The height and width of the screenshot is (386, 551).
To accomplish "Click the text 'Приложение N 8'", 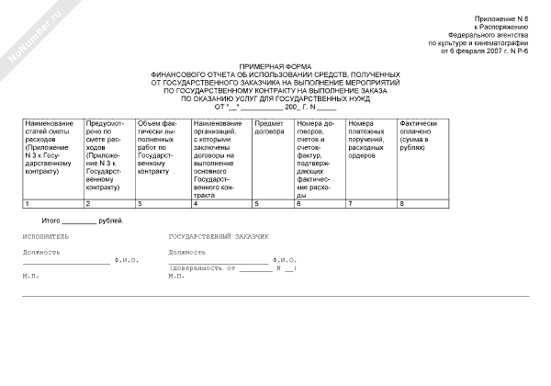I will pyautogui.click(x=502, y=19).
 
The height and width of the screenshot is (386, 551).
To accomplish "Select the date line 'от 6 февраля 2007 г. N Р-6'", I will pyautogui.click(x=484, y=51).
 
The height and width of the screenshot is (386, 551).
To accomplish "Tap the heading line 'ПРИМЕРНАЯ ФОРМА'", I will pyautogui.click(x=275, y=68).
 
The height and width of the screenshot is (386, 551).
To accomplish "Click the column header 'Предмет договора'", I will pyautogui.click(x=269, y=128).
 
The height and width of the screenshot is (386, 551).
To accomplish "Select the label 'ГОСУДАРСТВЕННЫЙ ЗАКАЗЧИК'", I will pyautogui.click(x=219, y=237).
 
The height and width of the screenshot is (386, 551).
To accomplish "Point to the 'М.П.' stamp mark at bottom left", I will pyautogui.click(x=31, y=276).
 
